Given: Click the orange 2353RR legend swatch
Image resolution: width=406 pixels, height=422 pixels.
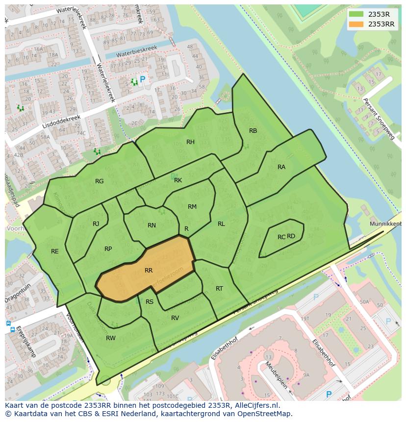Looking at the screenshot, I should coord(356,24).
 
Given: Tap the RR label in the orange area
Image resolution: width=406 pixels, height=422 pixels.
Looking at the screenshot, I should coord(149,271).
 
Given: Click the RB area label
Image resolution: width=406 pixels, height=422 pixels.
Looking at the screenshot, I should coord(253,131).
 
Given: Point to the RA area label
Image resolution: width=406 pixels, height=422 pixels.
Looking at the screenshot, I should coord(281,167).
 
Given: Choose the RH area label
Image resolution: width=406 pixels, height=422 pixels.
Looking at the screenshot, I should coord(190,142).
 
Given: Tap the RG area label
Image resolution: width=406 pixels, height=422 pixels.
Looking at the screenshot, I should coord(100,181).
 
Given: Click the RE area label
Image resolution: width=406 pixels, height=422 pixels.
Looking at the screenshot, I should coord(55,251).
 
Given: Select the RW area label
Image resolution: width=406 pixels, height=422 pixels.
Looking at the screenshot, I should coord(111,338).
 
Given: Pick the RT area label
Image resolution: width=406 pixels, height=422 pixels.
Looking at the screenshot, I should coord(219,289).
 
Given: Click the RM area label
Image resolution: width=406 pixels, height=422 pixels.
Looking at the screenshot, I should coord(192,207).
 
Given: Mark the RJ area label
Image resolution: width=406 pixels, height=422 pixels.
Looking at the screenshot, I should coord(96,224).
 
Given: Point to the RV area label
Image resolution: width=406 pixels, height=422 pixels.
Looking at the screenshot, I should coord(175,318).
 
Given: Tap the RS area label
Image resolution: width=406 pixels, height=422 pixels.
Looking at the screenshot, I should coord(150,302).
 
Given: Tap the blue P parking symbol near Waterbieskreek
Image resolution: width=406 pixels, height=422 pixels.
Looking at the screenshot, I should coord(143,79).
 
